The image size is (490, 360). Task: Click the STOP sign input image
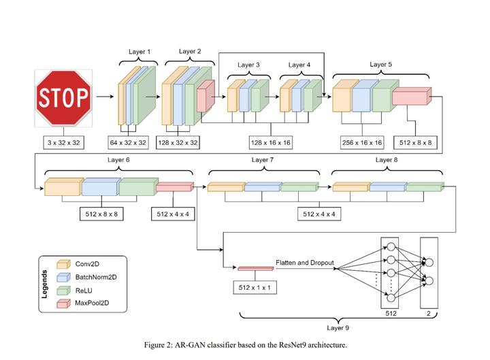point(63,98)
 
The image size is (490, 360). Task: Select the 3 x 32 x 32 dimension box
point(64,143)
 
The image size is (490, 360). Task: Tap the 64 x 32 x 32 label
point(128,143)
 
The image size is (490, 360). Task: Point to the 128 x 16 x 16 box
point(271,143)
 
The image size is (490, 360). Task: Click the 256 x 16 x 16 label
point(362,143)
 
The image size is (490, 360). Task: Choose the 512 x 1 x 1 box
point(255,287)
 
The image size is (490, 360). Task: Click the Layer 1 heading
point(140,52)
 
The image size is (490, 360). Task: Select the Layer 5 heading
point(380,65)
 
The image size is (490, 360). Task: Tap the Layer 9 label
point(338,328)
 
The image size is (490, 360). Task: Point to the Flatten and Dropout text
point(305,263)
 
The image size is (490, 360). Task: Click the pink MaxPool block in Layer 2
point(206,96)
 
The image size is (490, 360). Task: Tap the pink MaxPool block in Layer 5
point(412,96)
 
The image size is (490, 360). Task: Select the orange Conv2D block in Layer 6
point(64,187)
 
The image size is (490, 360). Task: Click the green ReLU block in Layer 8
point(425,187)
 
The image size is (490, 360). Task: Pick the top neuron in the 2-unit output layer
point(429,262)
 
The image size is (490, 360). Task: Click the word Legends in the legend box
point(45,284)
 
